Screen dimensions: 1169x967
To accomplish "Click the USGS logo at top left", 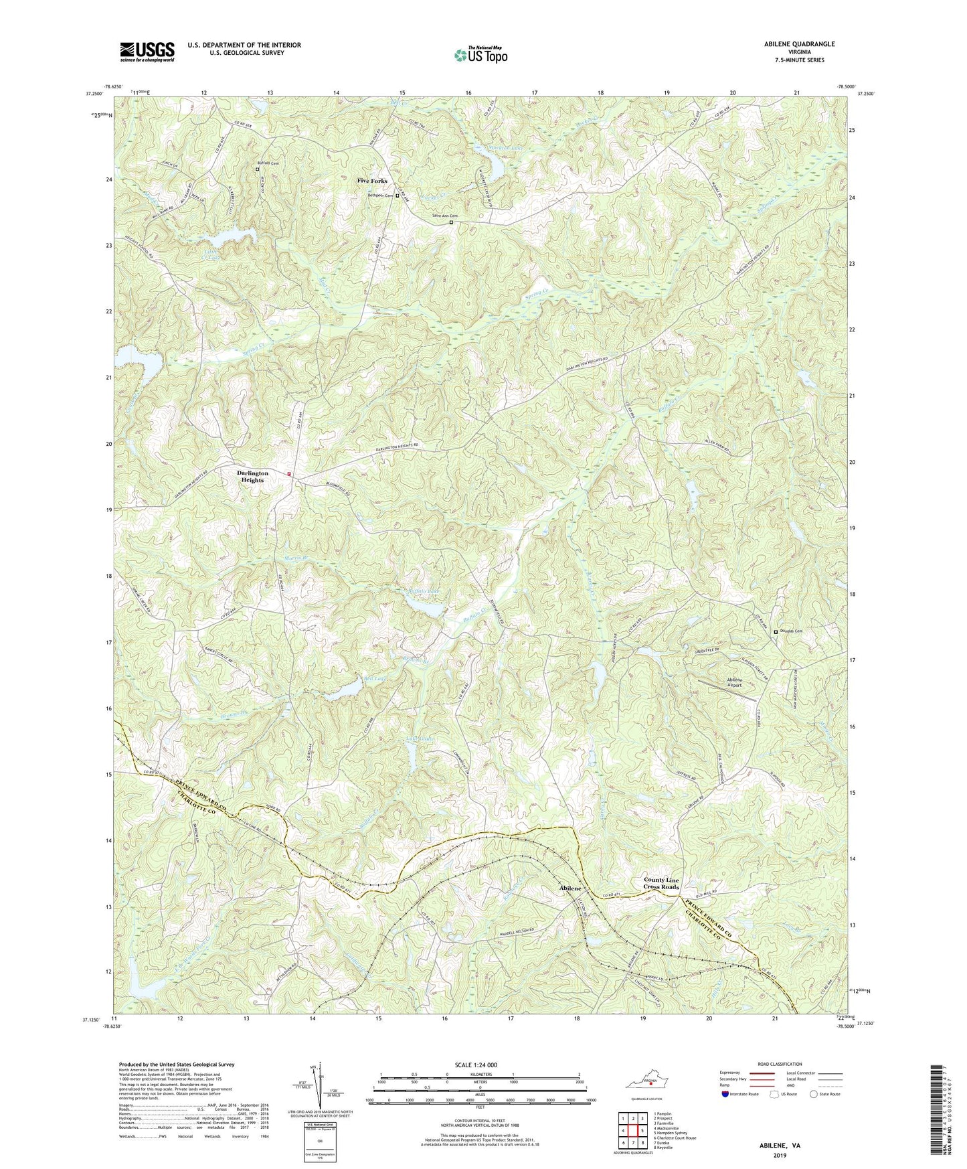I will pyautogui.click(x=147, y=51).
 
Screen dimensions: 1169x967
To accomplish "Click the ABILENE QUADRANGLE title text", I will pyautogui.click(x=796, y=44).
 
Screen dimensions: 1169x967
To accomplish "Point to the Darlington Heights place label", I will pyautogui.click(x=252, y=476).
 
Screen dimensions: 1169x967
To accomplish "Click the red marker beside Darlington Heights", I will pyautogui.click(x=289, y=474).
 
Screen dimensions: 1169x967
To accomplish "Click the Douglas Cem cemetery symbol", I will pyautogui.click(x=776, y=631).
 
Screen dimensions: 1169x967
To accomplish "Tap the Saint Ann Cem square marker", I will pyautogui.click(x=451, y=222).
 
